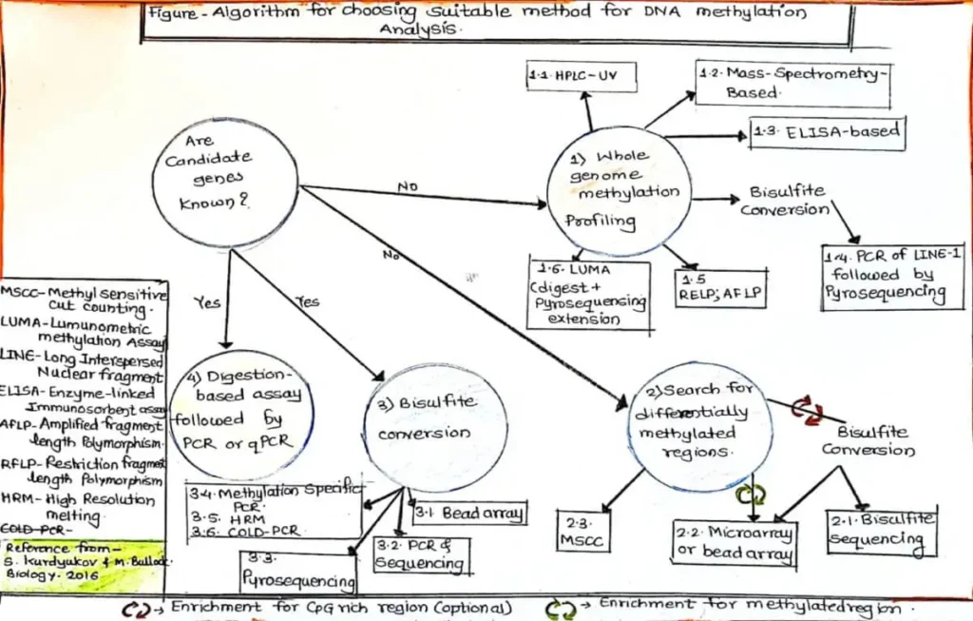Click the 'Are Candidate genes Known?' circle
[x=224, y=182]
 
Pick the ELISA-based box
[x=826, y=133]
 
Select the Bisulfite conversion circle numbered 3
[x=436, y=427]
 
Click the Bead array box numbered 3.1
[x=468, y=514]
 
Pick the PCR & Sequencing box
[x=430, y=555]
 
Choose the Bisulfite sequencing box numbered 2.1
[x=882, y=533]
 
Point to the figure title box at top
[x=495, y=22]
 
